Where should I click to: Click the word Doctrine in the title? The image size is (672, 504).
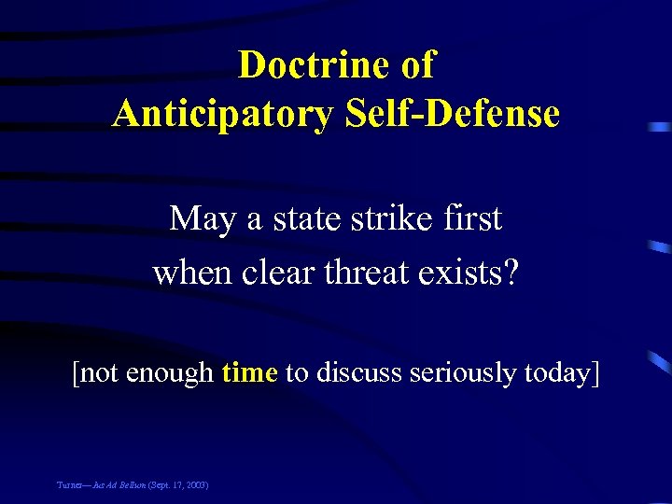312,65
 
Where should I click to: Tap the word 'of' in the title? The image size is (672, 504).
416,65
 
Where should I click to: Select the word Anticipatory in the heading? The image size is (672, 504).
221,114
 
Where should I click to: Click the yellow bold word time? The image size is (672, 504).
249,372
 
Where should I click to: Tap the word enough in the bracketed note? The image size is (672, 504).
171,373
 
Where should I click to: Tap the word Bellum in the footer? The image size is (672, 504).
132,486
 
